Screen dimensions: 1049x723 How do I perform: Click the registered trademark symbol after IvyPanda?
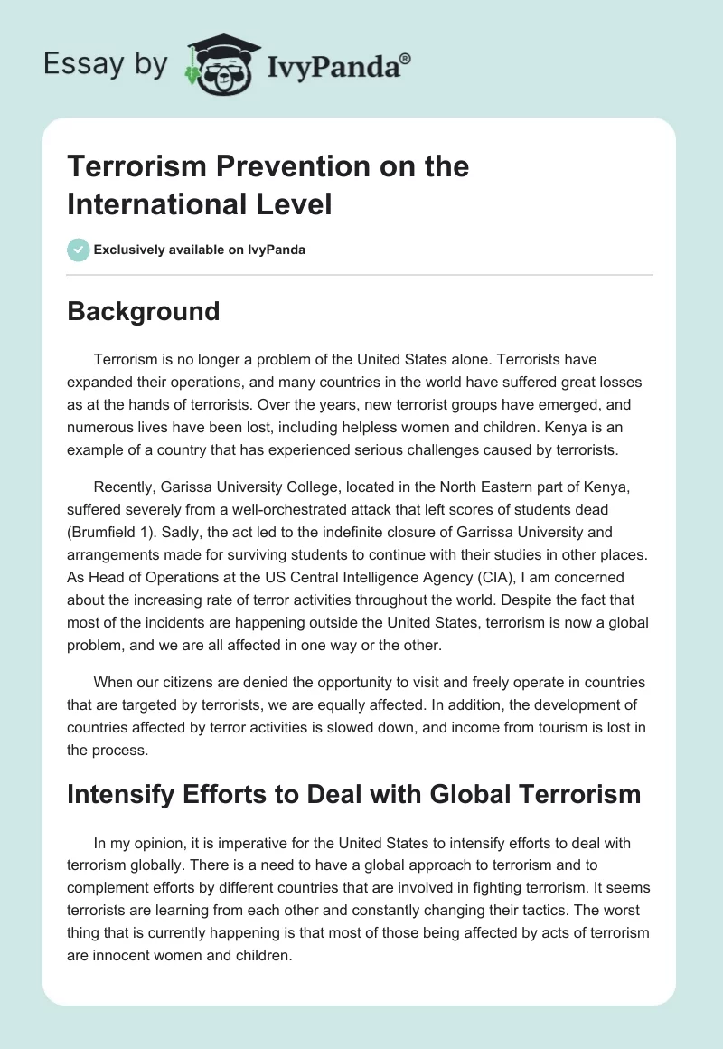point(406,59)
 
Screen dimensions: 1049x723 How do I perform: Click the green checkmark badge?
point(79,250)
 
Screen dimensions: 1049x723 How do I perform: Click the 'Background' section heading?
point(144,311)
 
